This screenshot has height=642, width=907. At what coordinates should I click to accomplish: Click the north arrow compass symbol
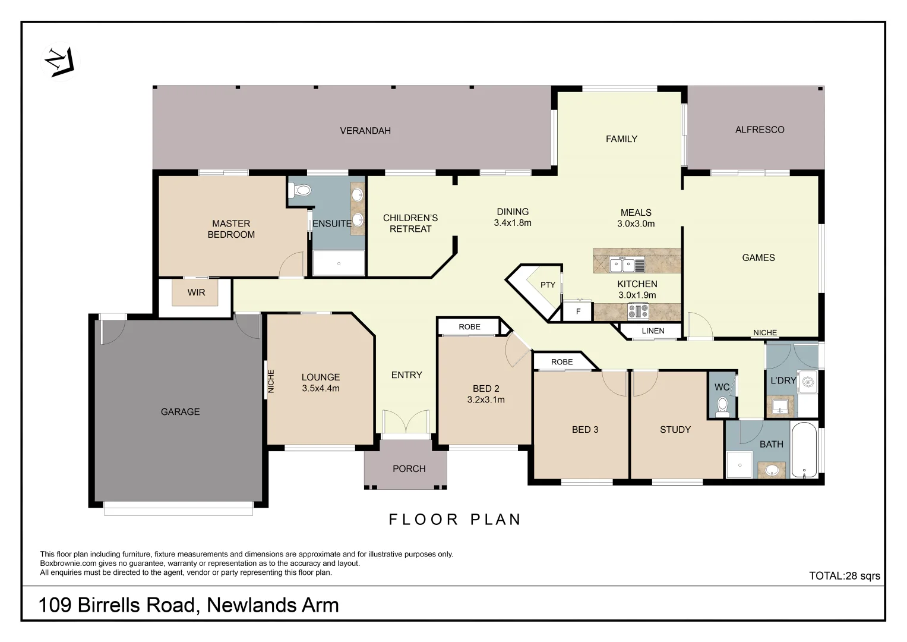[x=61, y=61]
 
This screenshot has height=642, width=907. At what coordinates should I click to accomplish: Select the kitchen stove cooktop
[x=638, y=311]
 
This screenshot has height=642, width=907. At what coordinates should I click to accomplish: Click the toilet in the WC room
[x=722, y=405]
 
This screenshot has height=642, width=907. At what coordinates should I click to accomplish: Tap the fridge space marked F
[x=578, y=311]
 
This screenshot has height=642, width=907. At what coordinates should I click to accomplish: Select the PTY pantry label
[x=548, y=285]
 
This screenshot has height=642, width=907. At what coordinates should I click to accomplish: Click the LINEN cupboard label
[x=653, y=331]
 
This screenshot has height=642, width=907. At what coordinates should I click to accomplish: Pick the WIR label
[x=196, y=292]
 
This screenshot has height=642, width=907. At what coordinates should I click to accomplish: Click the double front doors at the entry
[x=406, y=422]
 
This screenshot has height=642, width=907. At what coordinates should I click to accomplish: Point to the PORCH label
[x=409, y=468]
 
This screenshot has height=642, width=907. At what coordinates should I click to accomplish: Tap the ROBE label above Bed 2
[x=469, y=327]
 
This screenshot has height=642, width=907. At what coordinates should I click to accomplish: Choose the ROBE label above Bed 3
[x=561, y=362]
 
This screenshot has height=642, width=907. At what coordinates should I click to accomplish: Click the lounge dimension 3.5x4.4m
[x=320, y=388]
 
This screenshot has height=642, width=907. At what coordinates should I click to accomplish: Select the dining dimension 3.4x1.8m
[x=512, y=223]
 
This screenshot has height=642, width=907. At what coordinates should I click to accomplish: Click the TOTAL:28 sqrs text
[x=844, y=575]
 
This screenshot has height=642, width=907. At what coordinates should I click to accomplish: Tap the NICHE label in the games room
[x=764, y=333]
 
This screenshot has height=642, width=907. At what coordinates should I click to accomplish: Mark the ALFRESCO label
[x=759, y=130]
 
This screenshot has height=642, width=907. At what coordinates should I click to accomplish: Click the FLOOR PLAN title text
[x=455, y=520]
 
